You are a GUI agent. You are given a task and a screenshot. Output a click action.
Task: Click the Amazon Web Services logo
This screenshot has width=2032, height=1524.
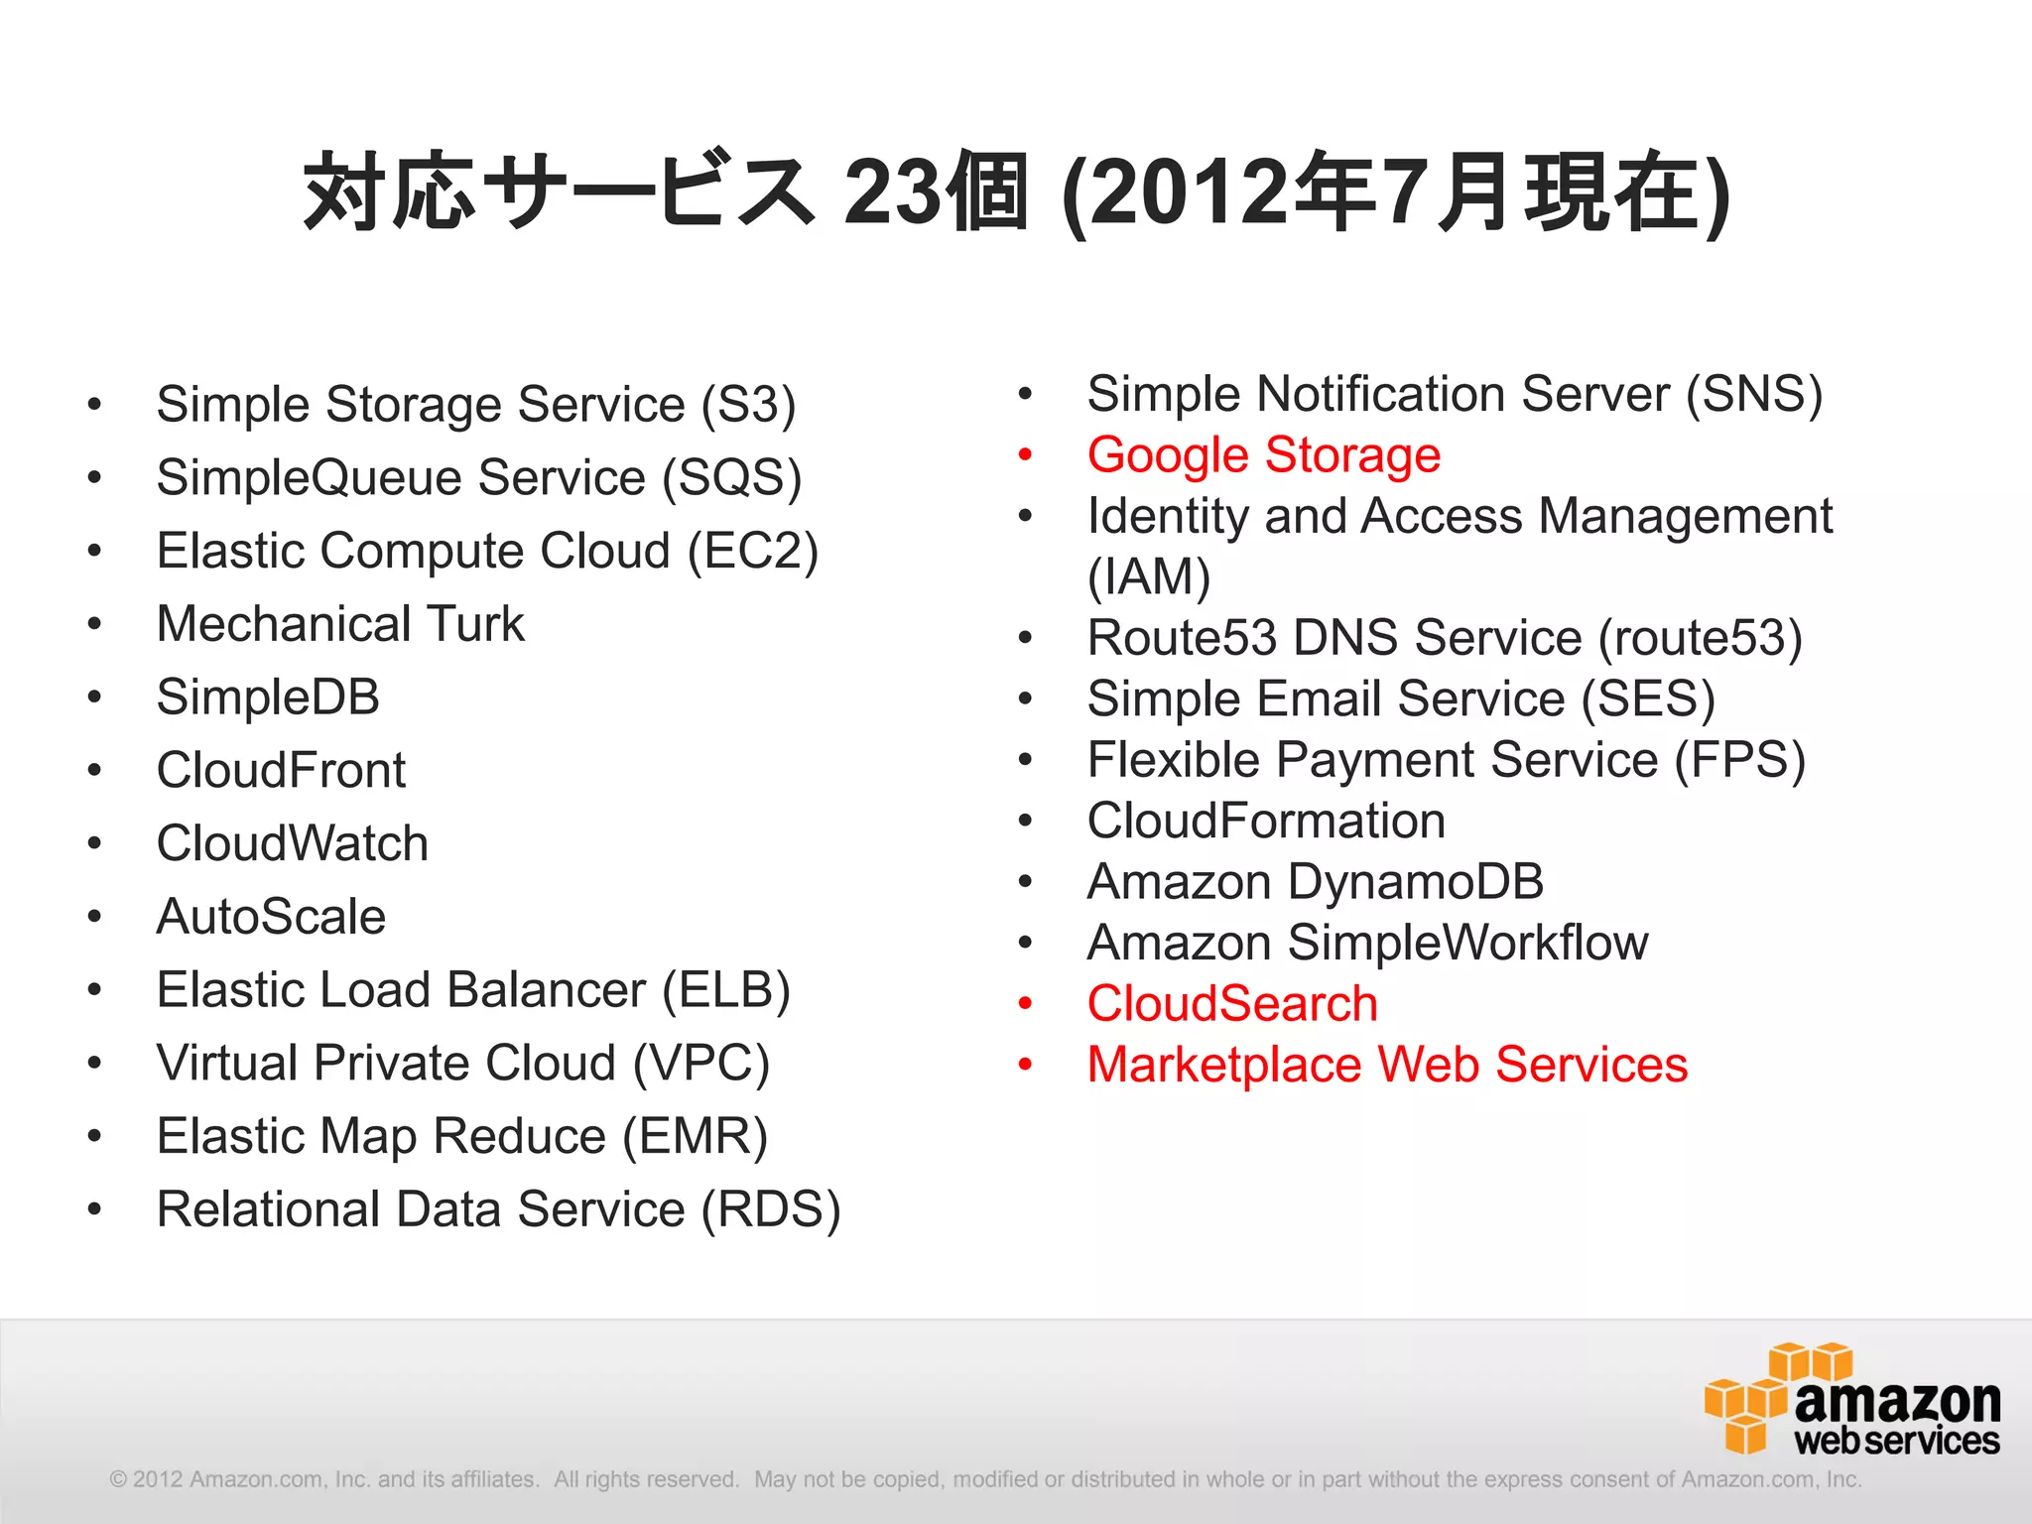(1851, 1399)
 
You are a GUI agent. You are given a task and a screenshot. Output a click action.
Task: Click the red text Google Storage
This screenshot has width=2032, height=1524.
(1263, 455)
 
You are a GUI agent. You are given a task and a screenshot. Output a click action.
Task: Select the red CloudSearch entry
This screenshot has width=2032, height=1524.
(1232, 1004)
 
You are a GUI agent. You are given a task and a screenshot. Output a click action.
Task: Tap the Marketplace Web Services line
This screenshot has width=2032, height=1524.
(1387, 1065)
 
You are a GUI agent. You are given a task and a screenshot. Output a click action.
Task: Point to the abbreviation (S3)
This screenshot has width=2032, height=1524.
(748, 405)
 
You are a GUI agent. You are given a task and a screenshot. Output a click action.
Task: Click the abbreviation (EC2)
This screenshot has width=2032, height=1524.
(753, 552)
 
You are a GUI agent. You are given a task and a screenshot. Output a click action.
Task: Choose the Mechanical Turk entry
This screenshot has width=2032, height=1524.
(340, 624)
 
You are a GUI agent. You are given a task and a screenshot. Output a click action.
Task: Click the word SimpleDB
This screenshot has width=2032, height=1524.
(268, 698)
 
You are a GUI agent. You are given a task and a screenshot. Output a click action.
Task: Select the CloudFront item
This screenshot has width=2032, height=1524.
(281, 771)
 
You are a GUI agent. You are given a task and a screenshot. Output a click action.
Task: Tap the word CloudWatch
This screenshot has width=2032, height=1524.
(292, 843)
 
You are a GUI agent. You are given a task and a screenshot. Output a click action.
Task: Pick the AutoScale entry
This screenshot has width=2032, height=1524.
(271, 917)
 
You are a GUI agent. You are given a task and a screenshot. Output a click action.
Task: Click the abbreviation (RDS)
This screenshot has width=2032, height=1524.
(771, 1209)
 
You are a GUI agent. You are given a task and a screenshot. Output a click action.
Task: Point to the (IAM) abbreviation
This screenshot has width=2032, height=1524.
(1149, 577)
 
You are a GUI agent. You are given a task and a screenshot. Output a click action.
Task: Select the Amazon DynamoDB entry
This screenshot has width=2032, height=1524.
(1316, 882)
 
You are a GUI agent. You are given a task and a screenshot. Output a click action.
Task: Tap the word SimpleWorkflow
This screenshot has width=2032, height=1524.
(1467, 943)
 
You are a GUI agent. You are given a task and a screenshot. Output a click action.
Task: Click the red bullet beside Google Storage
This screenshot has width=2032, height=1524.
(1026, 455)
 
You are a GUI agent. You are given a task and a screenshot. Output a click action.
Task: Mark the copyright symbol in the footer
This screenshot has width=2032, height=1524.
(118, 1479)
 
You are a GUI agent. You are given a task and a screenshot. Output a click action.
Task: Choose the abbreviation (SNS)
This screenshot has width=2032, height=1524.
(1754, 395)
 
